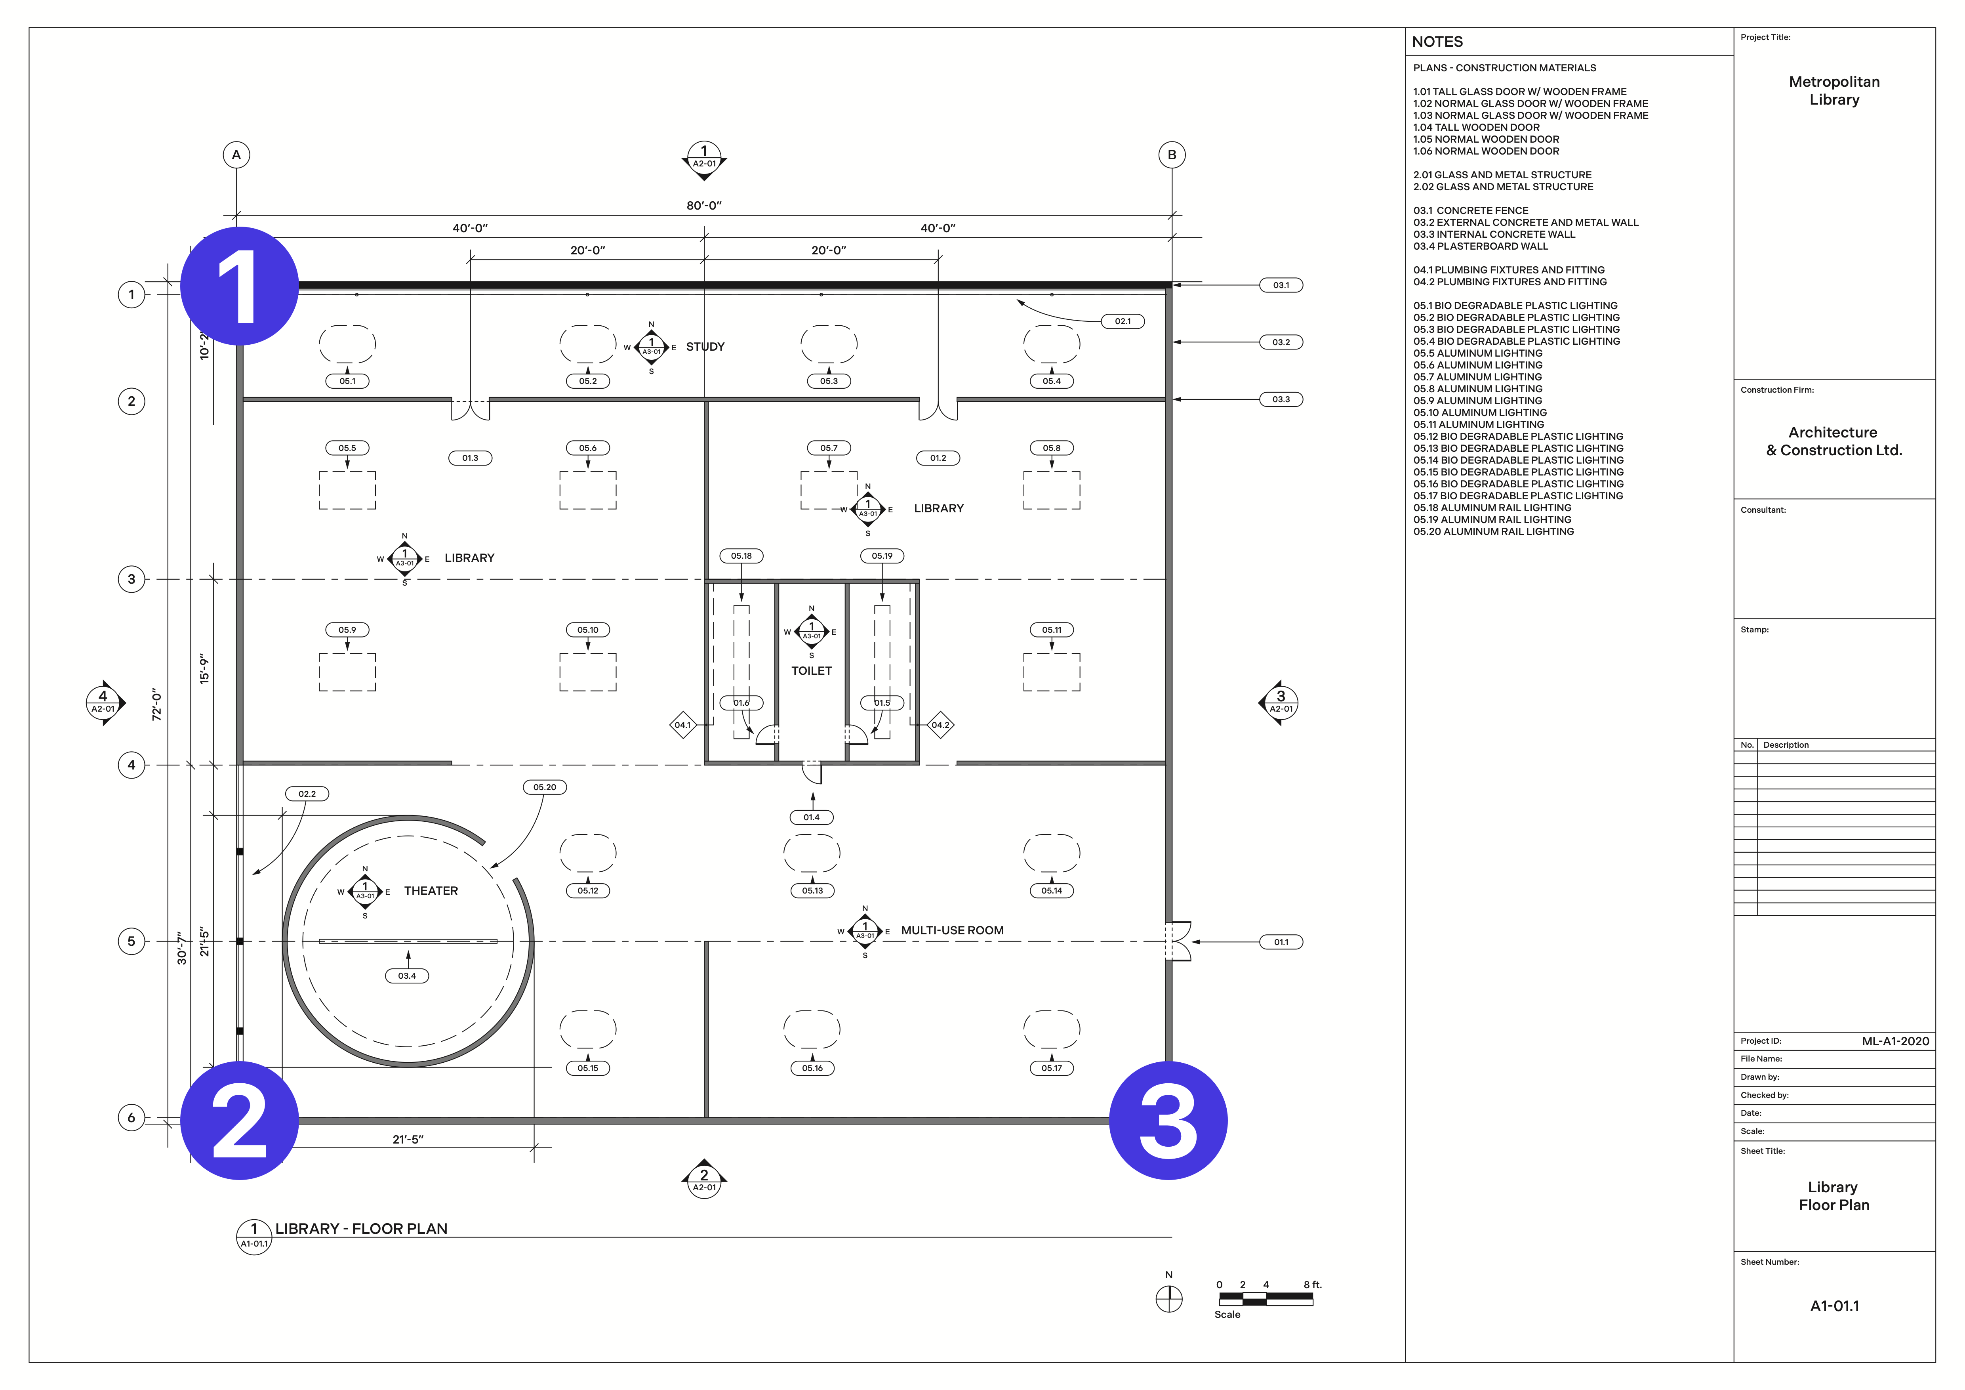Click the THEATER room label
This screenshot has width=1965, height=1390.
tap(431, 891)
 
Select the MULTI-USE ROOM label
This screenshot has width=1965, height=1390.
tap(952, 930)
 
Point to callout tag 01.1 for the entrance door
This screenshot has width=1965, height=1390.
tap(1280, 942)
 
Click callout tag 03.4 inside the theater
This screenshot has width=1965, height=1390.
tap(406, 976)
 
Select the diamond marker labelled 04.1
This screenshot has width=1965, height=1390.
tap(682, 725)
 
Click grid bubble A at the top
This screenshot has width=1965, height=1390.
tap(236, 155)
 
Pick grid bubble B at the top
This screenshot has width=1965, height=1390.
tap(1172, 155)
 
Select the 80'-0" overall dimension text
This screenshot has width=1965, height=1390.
tap(703, 205)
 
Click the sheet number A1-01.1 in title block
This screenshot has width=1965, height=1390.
tap(1834, 1306)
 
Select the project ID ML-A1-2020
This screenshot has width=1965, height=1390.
tap(1895, 1042)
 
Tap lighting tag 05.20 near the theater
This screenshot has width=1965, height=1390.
tap(544, 787)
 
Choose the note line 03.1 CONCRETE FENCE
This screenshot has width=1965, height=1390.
tap(1470, 210)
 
